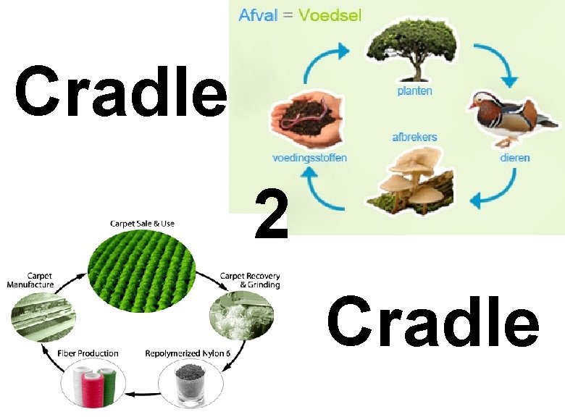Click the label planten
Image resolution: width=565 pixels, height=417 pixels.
(414, 90)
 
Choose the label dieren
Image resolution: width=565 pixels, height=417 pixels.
(515, 157)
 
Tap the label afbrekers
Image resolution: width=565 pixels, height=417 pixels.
(414, 136)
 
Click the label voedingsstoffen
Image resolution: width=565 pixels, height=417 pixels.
(309, 158)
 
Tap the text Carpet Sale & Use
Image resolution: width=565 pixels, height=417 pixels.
(142, 224)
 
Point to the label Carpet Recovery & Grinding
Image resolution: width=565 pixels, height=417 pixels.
(250, 280)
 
